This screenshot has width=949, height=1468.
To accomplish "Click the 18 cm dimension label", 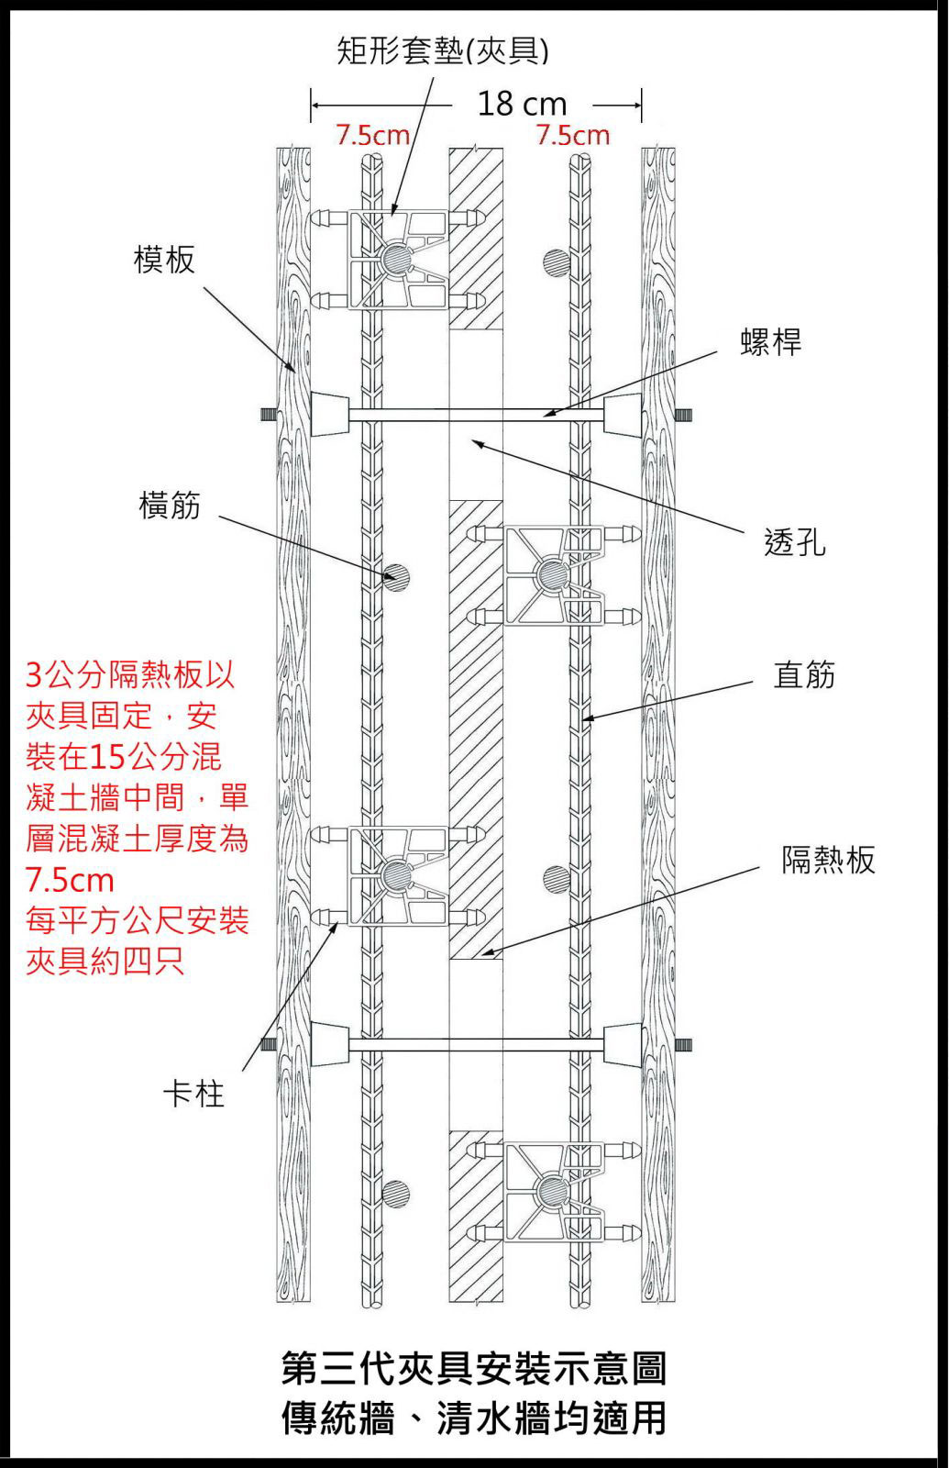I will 522,104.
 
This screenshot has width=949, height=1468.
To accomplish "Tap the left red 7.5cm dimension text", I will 372,136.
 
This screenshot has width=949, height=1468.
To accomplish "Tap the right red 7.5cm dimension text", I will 573,136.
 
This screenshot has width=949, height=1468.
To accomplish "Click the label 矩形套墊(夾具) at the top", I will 443,50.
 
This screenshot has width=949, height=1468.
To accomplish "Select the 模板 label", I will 165,260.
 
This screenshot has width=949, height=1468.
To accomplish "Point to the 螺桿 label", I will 770,341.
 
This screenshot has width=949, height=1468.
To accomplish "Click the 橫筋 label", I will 170,505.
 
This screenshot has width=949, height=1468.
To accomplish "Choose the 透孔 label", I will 794,542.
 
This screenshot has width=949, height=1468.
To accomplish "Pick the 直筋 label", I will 804,675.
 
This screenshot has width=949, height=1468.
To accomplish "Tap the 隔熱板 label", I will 828,860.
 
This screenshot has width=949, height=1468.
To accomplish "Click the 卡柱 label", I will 193,1094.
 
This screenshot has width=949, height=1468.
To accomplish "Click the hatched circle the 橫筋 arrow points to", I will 396,578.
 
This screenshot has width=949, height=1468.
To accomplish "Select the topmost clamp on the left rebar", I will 399,258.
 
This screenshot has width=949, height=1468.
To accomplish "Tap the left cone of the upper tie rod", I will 331,415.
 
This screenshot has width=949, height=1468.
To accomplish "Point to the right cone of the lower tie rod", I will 623,1045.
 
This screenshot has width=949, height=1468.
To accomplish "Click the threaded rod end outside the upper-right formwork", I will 684,415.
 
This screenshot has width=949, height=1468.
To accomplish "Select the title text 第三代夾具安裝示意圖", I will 474,1368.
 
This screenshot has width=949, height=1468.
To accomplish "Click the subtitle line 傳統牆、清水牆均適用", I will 474,1418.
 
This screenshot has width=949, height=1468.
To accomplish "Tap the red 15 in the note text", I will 108,757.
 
